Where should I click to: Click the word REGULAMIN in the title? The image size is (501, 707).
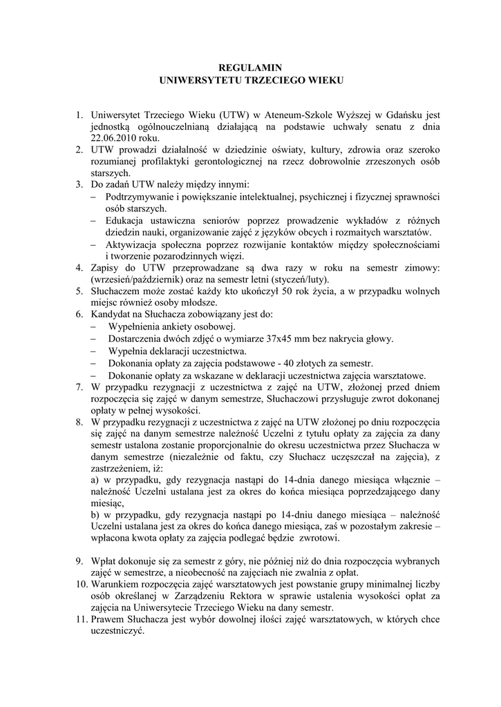coord(250,68)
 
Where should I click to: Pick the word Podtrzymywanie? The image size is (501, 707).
coord(140,196)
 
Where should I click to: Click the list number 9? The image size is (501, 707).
coord(80,561)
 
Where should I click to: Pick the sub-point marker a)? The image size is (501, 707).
coord(97,480)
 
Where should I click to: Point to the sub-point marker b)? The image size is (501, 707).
coord(97,515)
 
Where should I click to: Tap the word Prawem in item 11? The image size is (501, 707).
coord(108,620)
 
